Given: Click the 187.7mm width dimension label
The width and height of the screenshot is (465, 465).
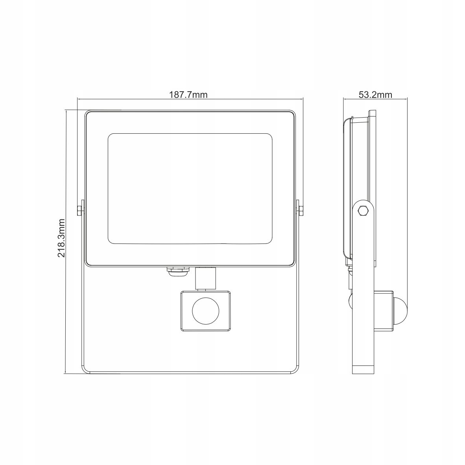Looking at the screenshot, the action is tap(188, 94).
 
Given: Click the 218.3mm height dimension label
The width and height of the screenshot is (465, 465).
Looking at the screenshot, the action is tap(61, 238).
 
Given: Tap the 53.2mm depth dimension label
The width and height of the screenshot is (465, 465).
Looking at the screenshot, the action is tap(375, 94).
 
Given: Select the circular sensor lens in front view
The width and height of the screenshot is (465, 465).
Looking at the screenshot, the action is tap(205, 312).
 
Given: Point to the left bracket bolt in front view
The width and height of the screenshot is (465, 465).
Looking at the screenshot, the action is tap(79, 210).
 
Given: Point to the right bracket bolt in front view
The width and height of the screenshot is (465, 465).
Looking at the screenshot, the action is tap(301, 210).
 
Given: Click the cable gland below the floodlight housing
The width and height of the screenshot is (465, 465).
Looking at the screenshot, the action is tap(177, 272).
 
